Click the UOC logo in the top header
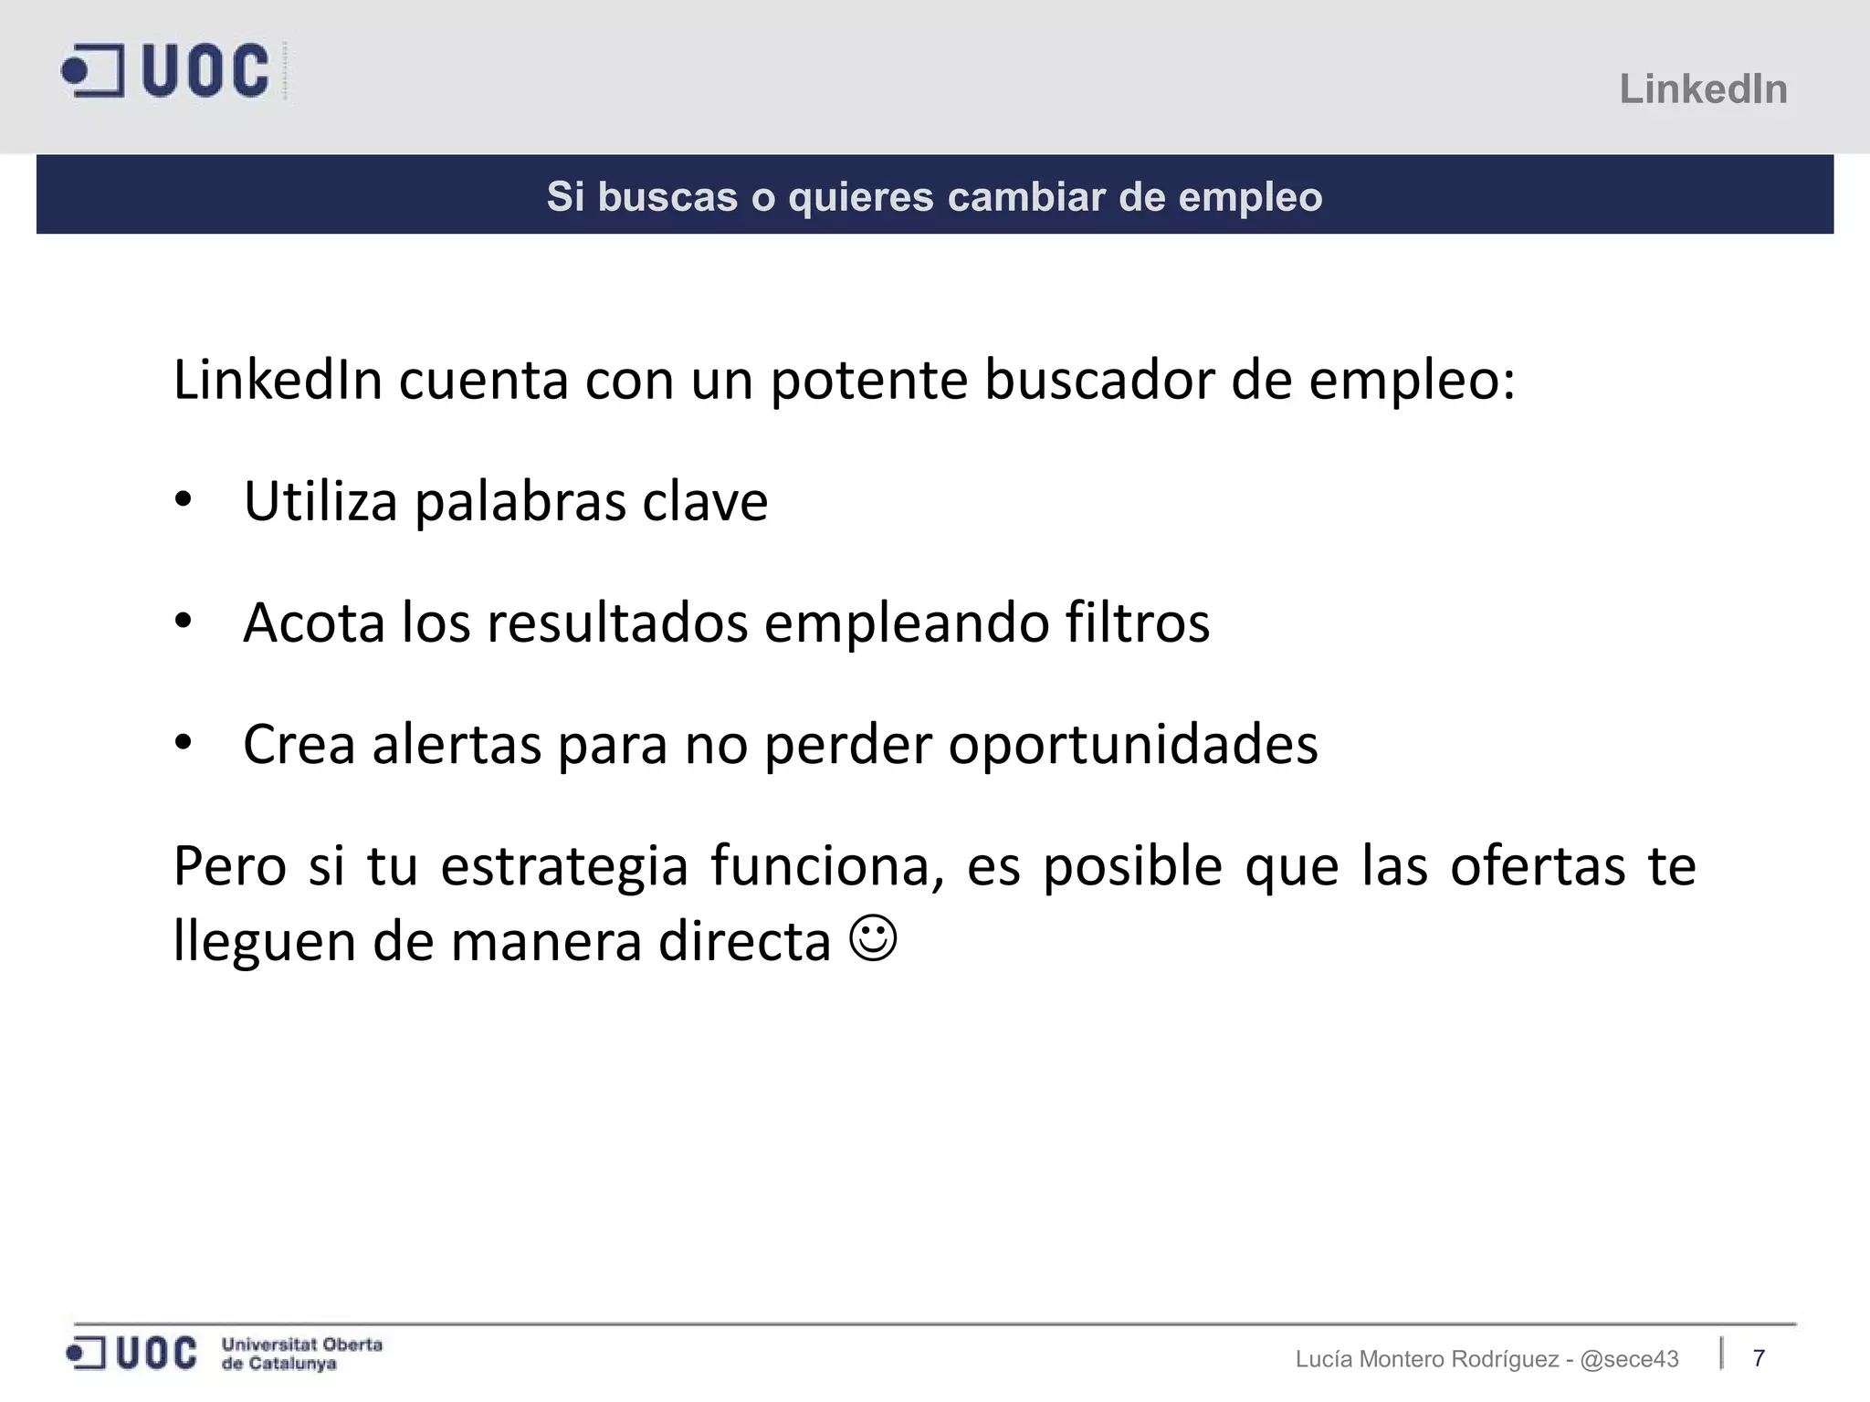pyautogui.click(x=166, y=70)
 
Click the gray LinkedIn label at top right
pyautogui.click(x=1703, y=89)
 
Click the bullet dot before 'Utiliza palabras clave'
pyautogui.click(x=184, y=500)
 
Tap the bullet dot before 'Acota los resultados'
pyautogui.click(x=184, y=622)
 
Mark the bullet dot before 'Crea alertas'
pyautogui.click(x=184, y=743)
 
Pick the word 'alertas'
pyautogui.click(x=457, y=744)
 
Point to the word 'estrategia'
pyautogui.click(x=564, y=867)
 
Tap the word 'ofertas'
pyautogui.click(x=1538, y=865)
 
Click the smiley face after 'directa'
pyautogui.click(x=873, y=938)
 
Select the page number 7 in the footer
pyautogui.click(x=1759, y=1358)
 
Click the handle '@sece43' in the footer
pyautogui.click(x=1629, y=1359)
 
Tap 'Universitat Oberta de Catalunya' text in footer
pyautogui.click(x=301, y=1354)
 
